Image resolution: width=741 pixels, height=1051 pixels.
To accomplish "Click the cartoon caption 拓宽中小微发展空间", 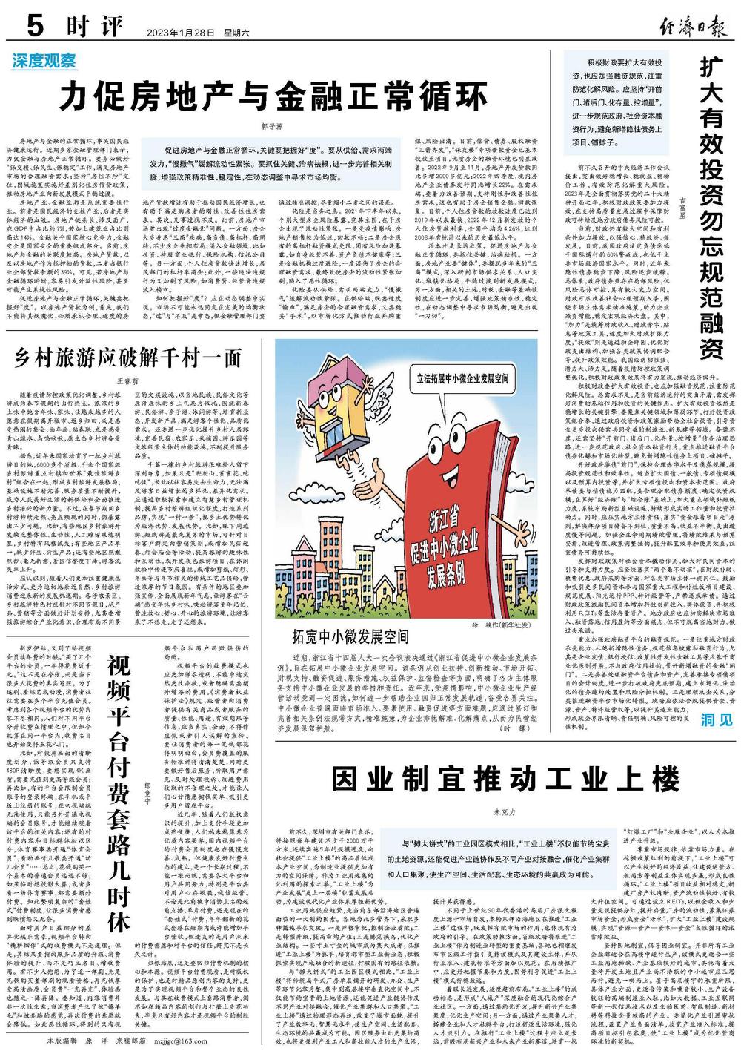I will click(349, 635).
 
